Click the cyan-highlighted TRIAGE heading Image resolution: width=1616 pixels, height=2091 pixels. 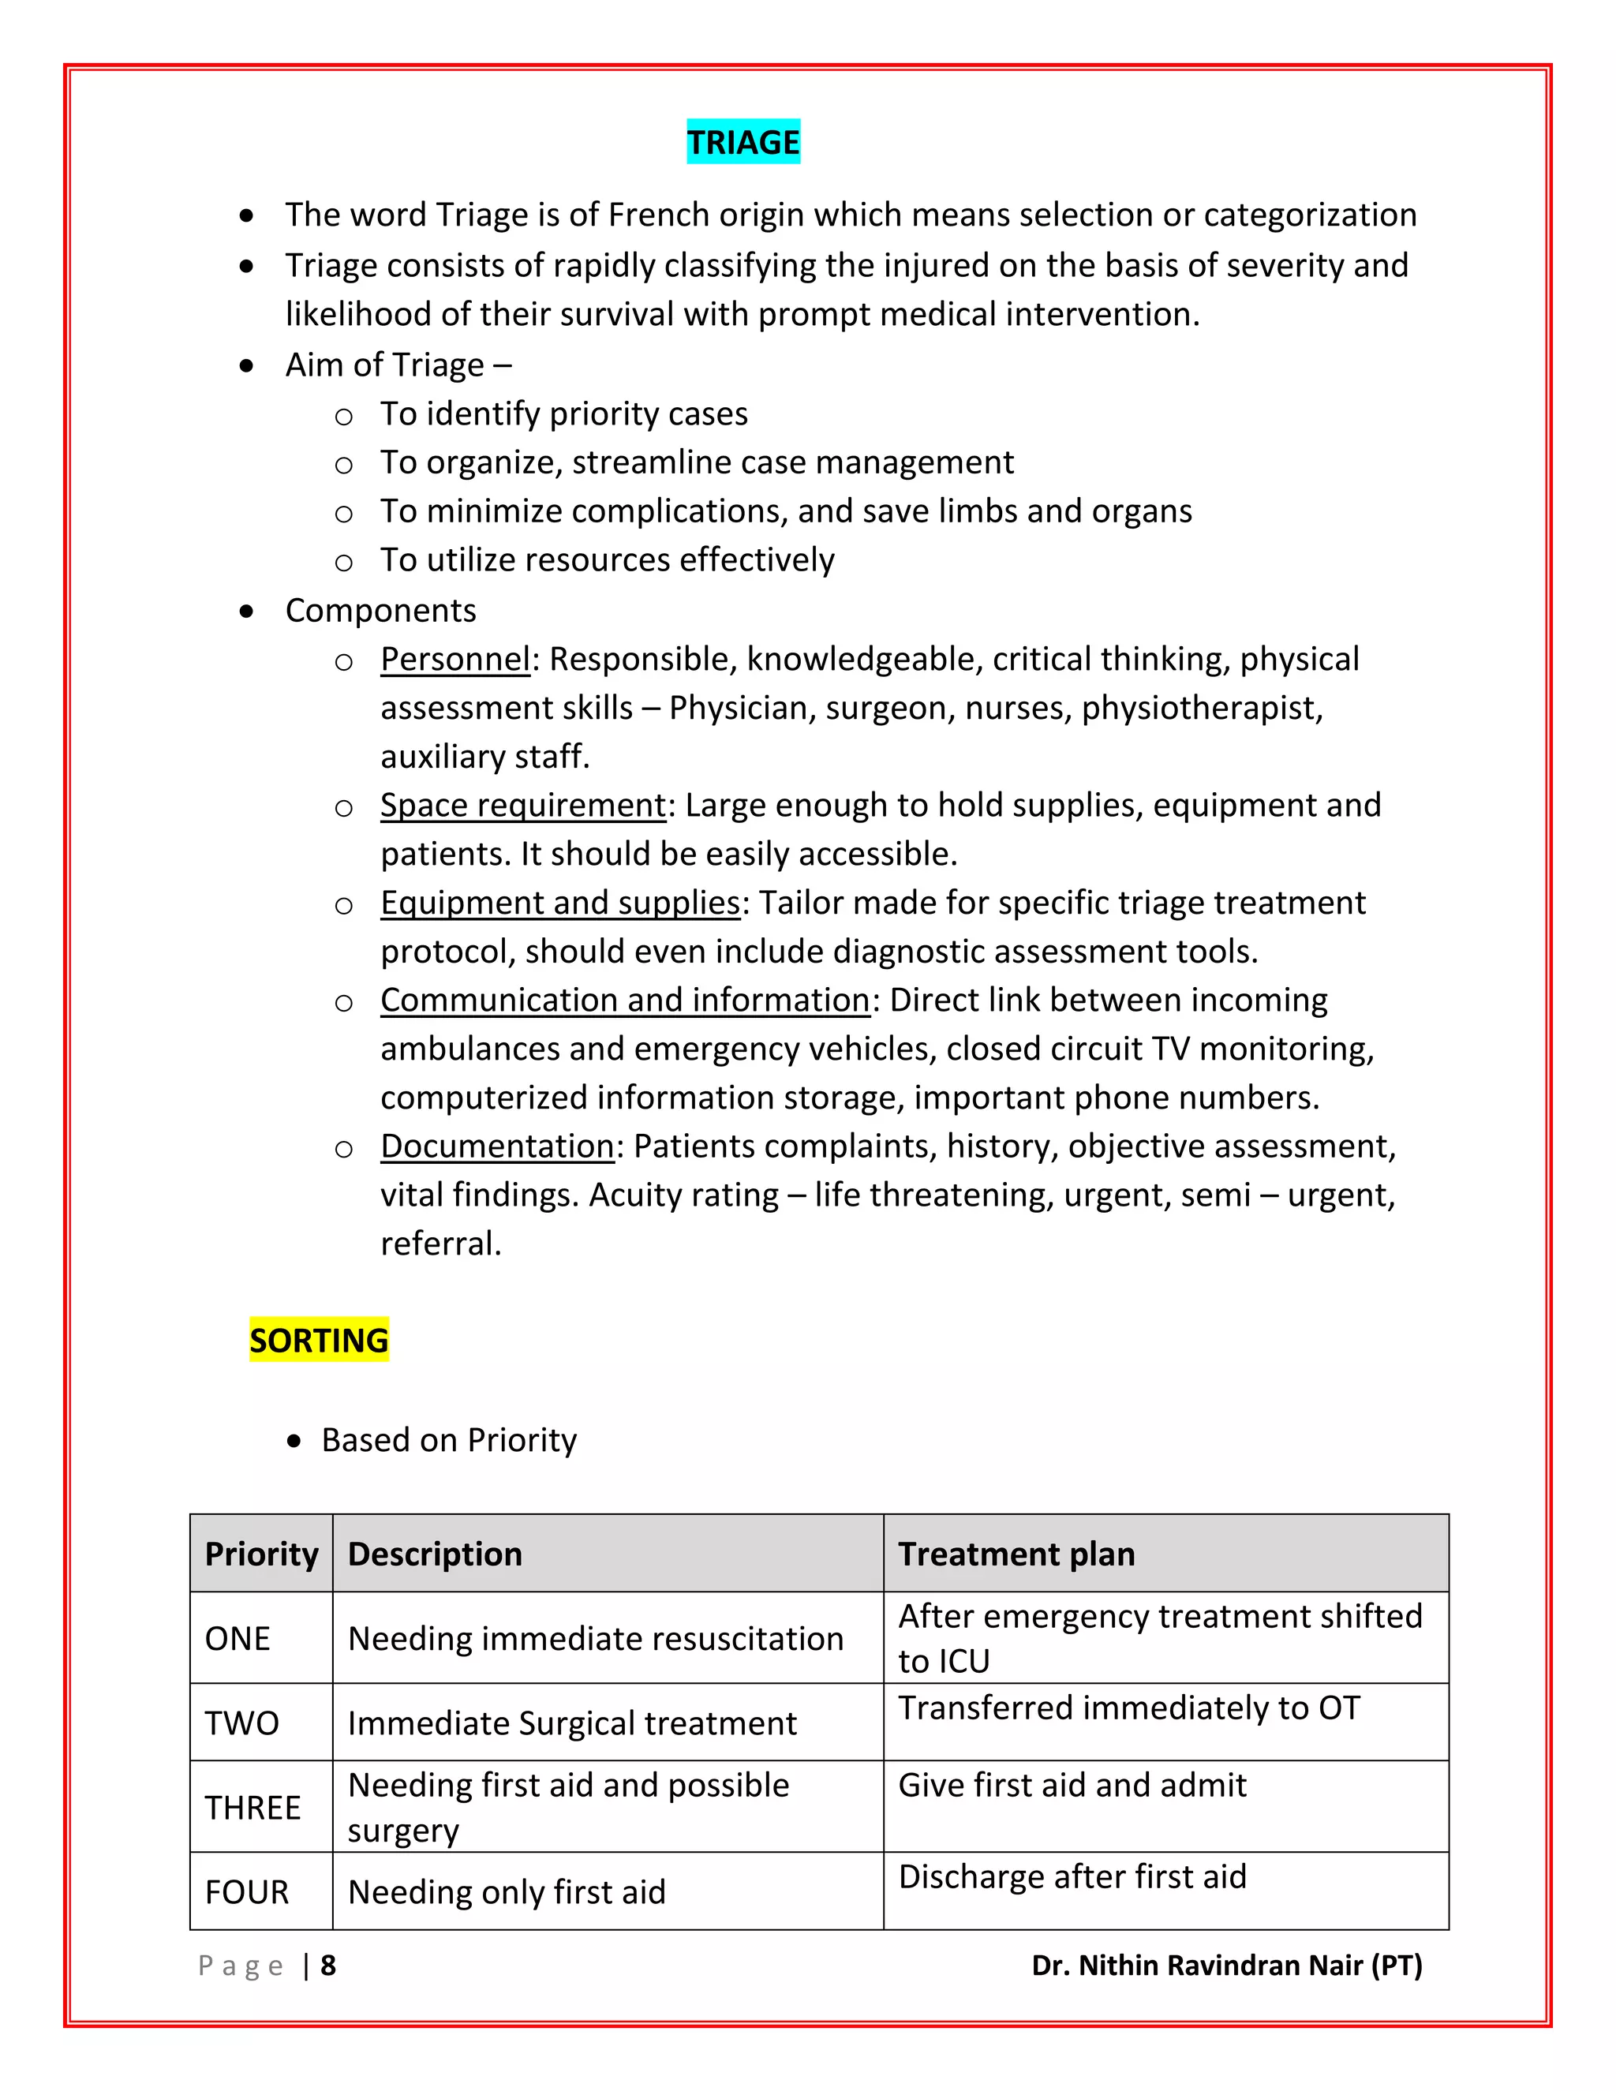pyautogui.click(x=743, y=142)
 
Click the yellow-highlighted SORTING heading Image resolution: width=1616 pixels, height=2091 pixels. pyautogui.click(x=319, y=1340)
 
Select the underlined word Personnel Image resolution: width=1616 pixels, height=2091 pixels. pyautogui.click(x=454, y=659)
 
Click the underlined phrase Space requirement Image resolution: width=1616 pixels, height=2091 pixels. pyautogui.click(x=522, y=805)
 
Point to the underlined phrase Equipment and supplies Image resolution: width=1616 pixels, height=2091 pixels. pyautogui.click(x=560, y=903)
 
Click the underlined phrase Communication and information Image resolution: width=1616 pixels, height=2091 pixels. pyautogui.click(x=625, y=1001)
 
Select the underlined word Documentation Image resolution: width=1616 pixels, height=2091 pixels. pyautogui.click(x=497, y=1146)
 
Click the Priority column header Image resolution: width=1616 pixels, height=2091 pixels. pyautogui.click(x=261, y=1553)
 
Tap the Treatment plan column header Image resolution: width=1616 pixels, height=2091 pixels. pyautogui.click(x=1016, y=1553)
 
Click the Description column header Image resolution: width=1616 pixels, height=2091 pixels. pyautogui.click(x=435, y=1553)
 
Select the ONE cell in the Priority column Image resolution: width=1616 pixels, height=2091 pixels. pyautogui.click(x=238, y=1638)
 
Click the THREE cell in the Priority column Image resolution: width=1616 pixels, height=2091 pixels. pyautogui.click(x=252, y=1807)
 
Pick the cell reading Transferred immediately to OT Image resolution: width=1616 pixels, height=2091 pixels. pyautogui.click(x=1128, y=1708)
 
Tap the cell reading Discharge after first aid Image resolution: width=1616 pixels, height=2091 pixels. pyautogui.click(x=1072, y=1876)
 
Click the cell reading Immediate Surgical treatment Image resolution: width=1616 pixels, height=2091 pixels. pyautogui.click(x=571, y=1723)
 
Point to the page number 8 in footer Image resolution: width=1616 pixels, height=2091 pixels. pyautogui.click(x=328, y=1966)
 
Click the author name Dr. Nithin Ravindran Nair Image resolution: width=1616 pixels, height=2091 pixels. pyautogui.click(x=1226, y=1966)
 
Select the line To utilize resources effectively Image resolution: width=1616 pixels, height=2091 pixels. pyautogui.click(x=607, y=560)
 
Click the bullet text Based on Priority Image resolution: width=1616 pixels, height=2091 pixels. pyautogui.click(x=449, y=1440)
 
